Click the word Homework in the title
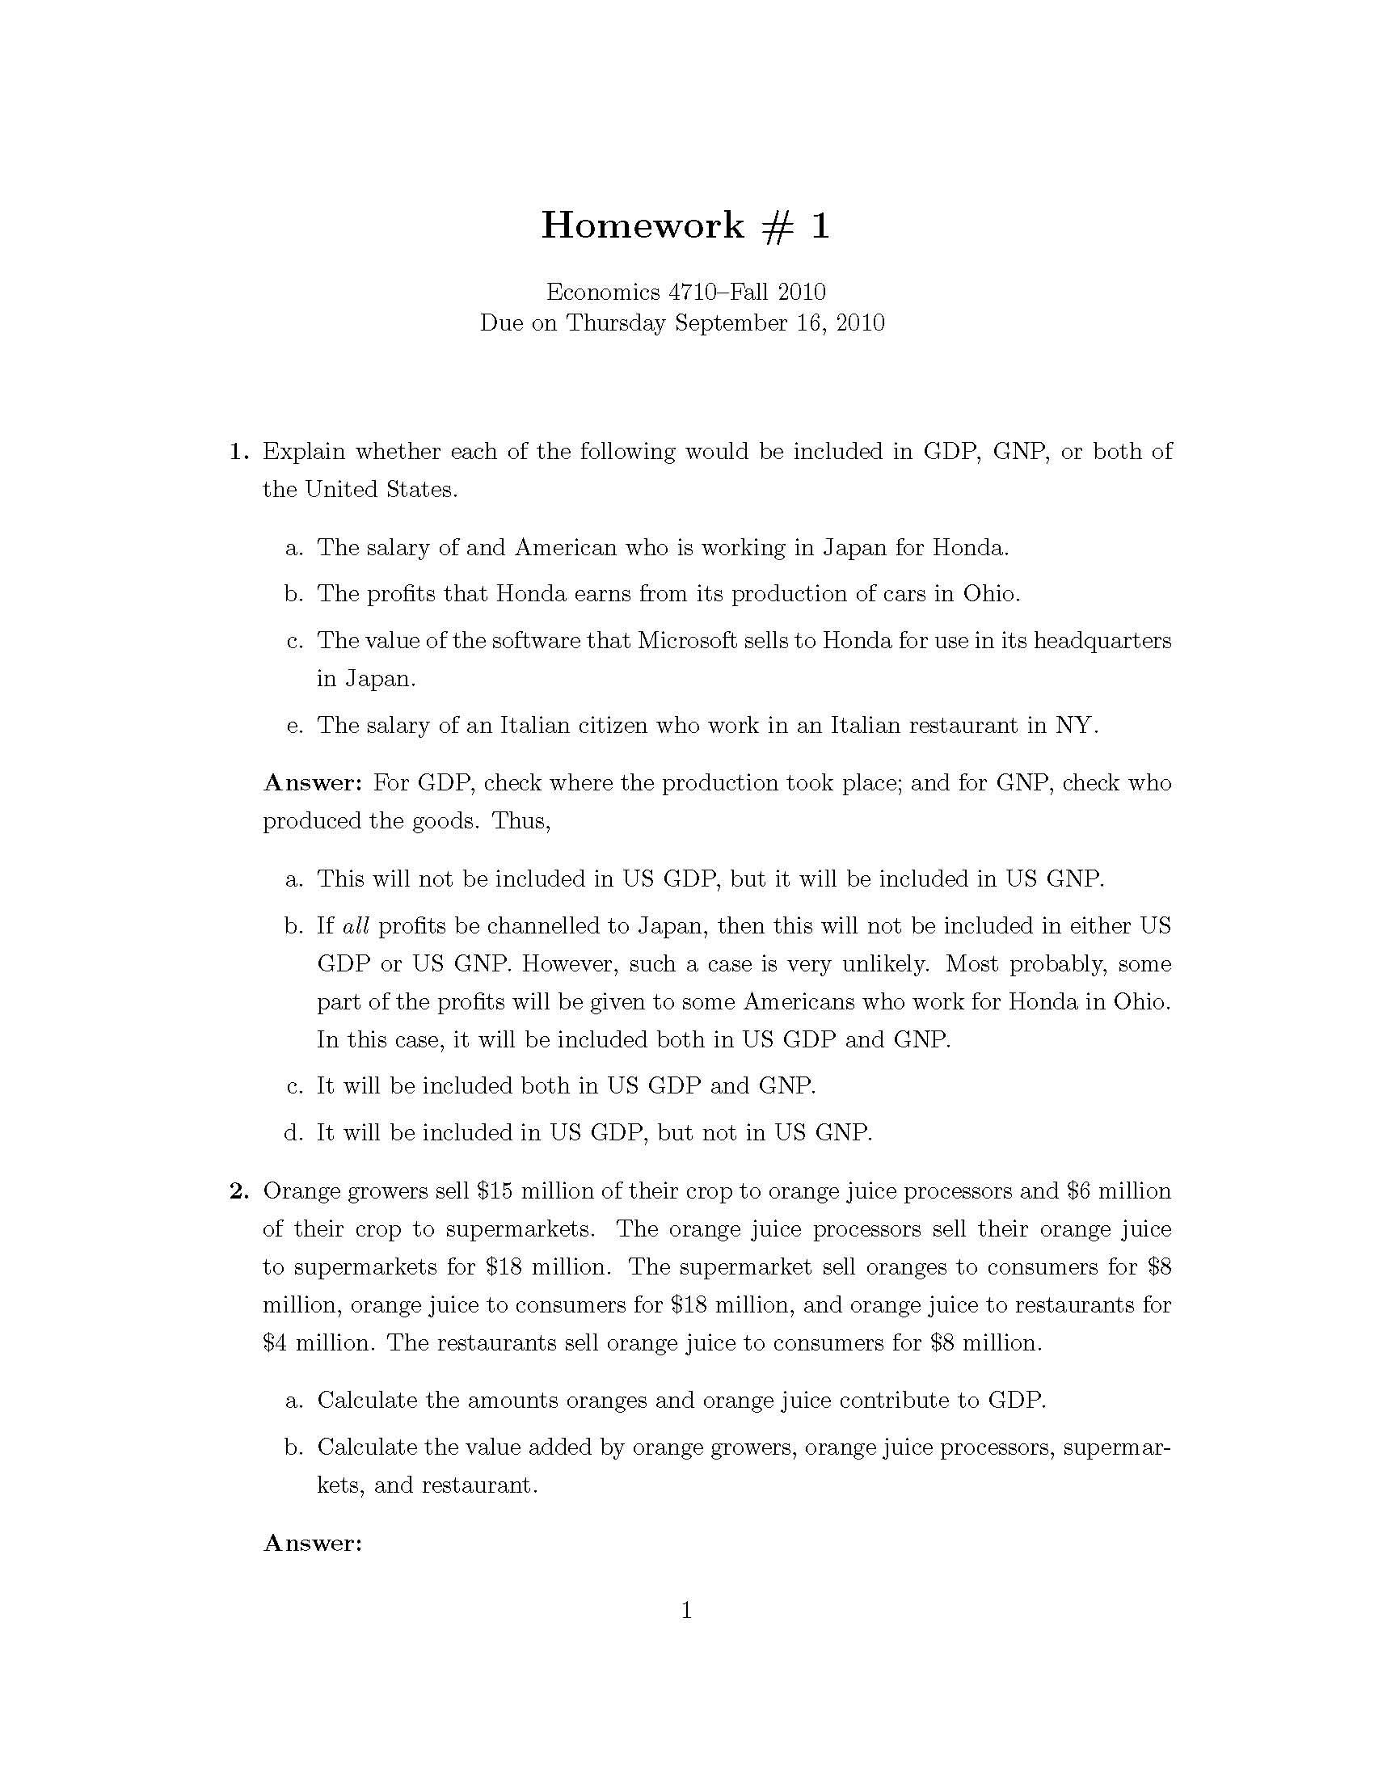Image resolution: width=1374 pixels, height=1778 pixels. (x=643, y=225)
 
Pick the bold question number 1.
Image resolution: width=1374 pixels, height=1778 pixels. (x=238, y=451)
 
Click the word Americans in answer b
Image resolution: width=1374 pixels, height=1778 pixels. (x=799, y=1002)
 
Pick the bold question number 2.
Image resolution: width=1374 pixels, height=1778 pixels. (x=238, y=1191)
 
